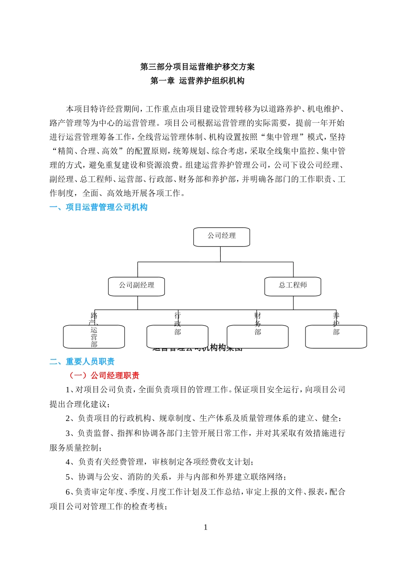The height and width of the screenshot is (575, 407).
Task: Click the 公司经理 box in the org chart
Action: click(x=221, y=237)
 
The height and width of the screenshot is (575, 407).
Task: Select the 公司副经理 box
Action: click(x=136, y=286)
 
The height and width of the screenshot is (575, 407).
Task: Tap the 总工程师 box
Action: click(x=293, y=286)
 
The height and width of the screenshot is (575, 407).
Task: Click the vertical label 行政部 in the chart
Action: click(x=178, y=324)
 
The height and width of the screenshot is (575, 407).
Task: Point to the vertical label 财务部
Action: click(x=257, y=324)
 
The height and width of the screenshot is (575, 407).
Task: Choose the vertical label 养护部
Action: click(x=336, y=324)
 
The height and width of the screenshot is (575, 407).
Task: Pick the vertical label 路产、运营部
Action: click(x=94, y=330)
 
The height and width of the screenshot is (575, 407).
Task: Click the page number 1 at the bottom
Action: click(x=206, y=528)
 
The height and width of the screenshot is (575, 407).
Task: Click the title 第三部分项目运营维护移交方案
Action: click(x=198, y=67)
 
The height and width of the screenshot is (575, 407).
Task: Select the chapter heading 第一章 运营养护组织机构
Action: click(x=198, y=81)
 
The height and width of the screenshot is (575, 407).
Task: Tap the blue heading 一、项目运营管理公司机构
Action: click(x=99, y=207)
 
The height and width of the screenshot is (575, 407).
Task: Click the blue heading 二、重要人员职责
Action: click(x=82, y=362)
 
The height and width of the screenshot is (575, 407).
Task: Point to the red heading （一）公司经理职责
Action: click(x=104, y=376)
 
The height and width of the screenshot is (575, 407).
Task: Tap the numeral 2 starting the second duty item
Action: click(x=68, y=418)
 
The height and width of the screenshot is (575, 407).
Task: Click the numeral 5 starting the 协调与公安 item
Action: click(x=68, y=477)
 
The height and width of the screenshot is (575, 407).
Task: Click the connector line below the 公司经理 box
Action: click(x=220, y=254)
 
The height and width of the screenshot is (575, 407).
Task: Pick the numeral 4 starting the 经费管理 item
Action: click(x=68, y=462)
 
